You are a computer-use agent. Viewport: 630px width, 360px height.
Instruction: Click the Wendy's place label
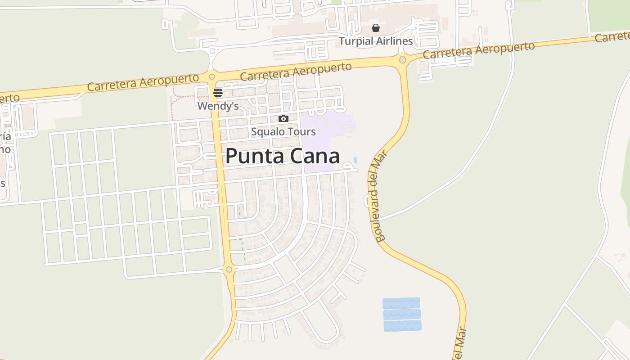218,106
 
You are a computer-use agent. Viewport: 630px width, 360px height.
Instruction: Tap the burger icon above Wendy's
218,93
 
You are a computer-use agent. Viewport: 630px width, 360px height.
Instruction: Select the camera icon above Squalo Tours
283,119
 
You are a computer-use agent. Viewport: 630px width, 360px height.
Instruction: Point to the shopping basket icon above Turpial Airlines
376,28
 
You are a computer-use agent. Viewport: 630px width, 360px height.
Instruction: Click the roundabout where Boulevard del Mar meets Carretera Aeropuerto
402,59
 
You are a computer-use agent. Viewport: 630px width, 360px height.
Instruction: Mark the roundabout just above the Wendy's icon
212,76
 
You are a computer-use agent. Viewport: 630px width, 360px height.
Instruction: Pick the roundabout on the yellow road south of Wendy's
229,270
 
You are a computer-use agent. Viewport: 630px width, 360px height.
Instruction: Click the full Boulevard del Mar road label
378,195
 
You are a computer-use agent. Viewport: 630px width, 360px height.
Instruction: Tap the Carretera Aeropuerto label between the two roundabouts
296,72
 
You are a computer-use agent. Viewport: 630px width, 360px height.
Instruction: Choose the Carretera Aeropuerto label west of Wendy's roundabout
143,82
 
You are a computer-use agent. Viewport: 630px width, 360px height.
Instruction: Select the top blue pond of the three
401,303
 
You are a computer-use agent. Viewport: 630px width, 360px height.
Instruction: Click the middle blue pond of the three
402,314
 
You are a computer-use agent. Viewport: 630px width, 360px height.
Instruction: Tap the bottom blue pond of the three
402,326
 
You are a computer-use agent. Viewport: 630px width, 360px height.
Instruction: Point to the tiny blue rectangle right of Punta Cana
355,160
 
